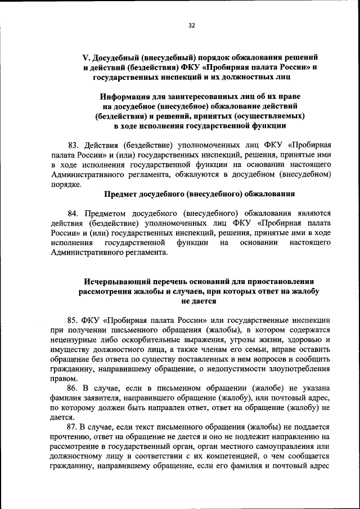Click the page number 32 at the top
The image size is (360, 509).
[192, 25]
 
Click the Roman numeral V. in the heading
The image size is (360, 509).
[87, 58]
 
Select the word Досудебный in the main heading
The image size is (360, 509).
[118, 58]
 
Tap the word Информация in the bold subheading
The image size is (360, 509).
[123, 96]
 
